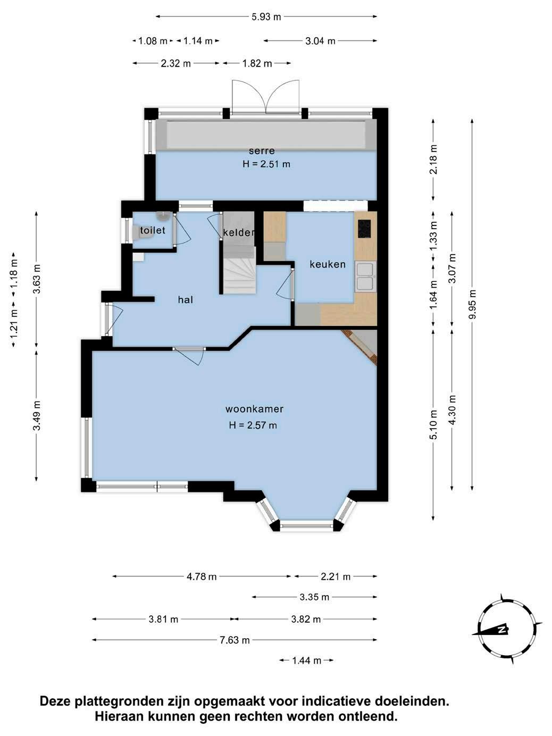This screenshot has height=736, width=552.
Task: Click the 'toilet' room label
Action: pos(153,230)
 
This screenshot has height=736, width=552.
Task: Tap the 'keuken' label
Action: pos(328,264)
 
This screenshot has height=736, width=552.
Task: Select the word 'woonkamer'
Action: pos(254,409)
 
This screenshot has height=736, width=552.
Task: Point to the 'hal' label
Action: pos(186,299)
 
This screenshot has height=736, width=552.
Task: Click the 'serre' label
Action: pos(262,151)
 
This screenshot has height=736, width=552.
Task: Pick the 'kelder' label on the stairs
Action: pos(239,232)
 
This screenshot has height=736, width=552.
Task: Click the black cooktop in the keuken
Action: pos(364,228)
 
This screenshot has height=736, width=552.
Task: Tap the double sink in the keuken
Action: pos(366,277)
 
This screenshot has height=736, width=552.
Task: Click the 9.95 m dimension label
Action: pos(472,305)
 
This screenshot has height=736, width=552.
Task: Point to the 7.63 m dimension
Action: pos(235,640)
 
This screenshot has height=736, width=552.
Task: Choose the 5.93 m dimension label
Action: pos(266,16)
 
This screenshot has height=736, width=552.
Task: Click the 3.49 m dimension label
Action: pos(37,415)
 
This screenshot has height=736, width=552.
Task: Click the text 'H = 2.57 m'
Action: pos(253,425)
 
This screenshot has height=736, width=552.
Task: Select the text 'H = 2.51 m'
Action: pos(266,164)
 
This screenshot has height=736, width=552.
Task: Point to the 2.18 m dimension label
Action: pos(433,159)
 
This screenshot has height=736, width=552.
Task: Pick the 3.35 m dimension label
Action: pos(314,597)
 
